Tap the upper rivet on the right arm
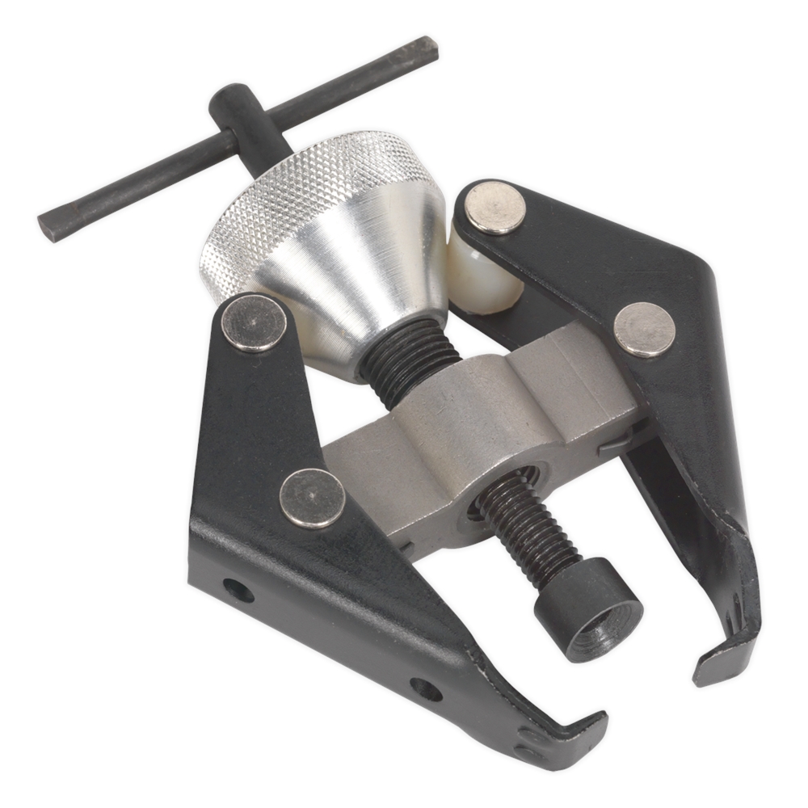click(x=494, y=208)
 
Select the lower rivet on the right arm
click(x=644, y=329)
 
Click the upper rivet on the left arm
click(x=254, y=322)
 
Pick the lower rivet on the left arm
click(x=312, y=498)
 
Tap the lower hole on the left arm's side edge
click(x=426, y=689)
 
